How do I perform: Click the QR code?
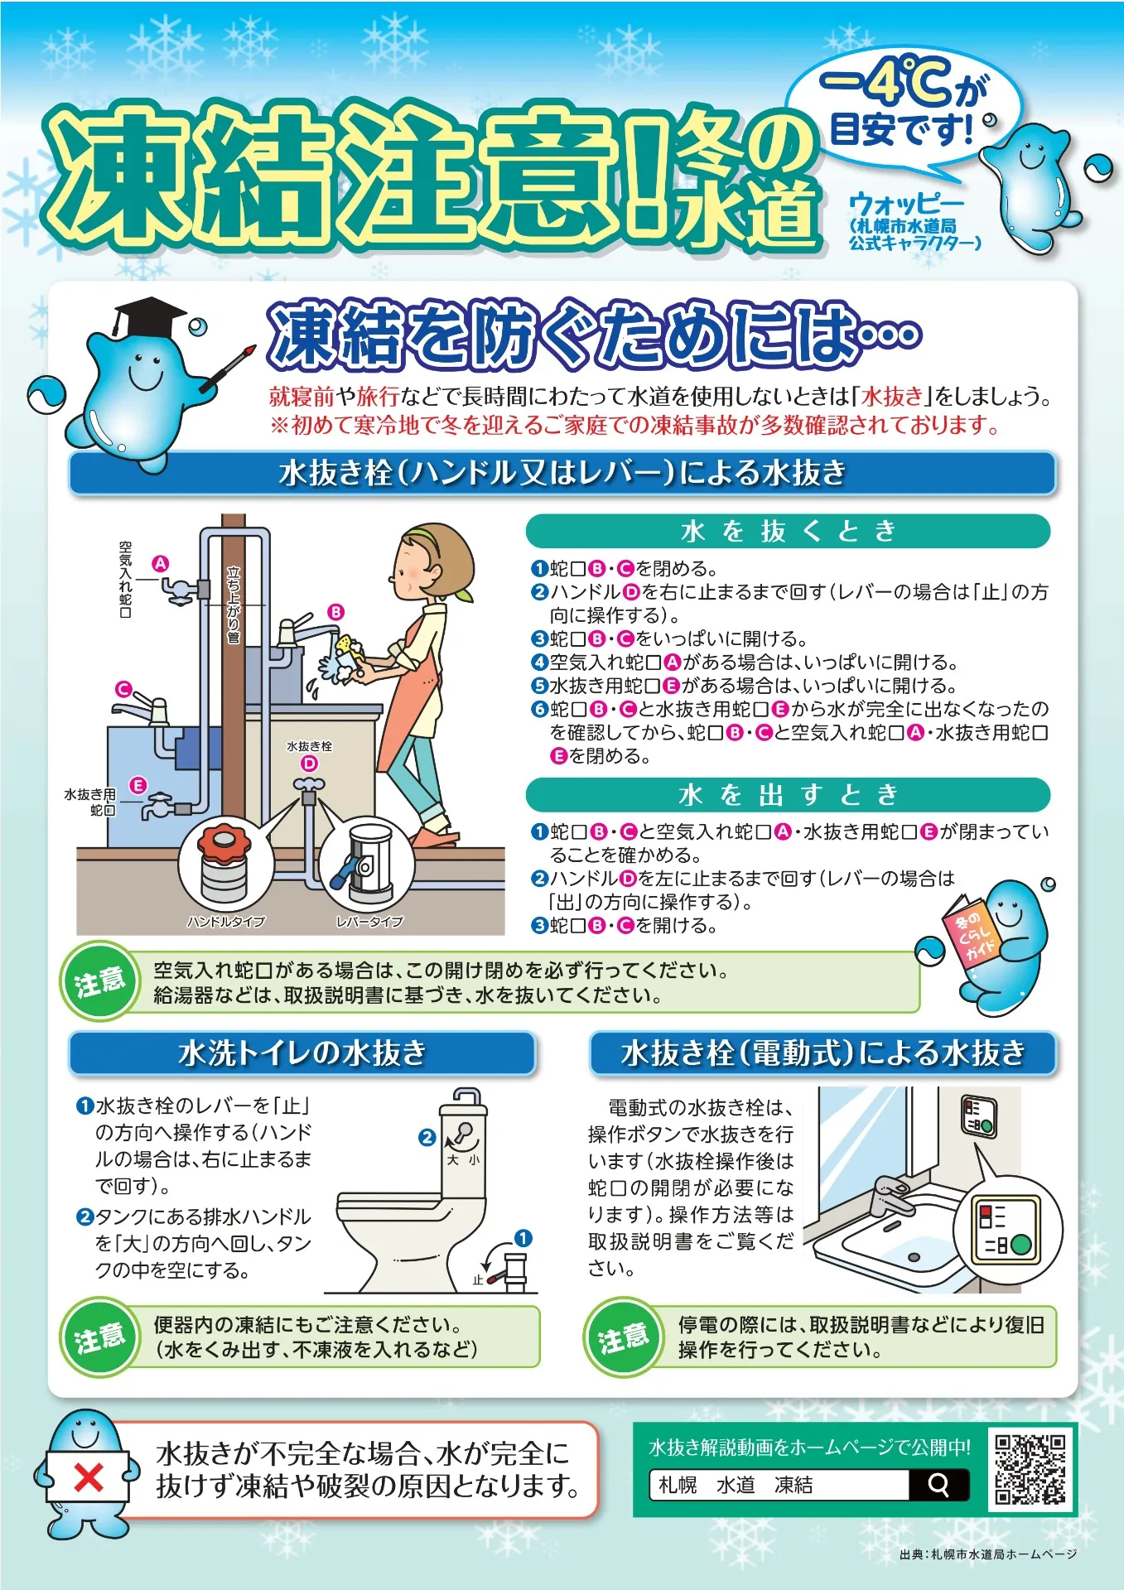tap(1029, 1470)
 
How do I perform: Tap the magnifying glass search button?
tap(938, 1485)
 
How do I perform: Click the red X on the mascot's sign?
tap(89, 1477)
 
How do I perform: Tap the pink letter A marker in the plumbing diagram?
tap(160, 564)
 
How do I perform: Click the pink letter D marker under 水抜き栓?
tap(309, 764)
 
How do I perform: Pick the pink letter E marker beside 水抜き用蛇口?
tap(137, 785)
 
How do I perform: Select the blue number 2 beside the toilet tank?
tap(427, 1138)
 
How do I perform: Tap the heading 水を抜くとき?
tap(788, 531)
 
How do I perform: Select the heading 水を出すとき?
tap(788, 795)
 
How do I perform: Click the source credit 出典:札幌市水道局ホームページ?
tap(988, 1555)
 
